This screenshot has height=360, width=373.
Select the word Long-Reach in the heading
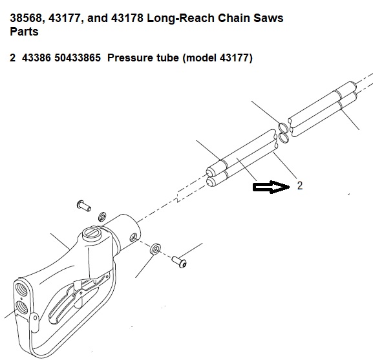point(180,18)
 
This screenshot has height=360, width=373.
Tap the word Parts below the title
point(24,32)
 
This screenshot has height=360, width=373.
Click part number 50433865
point(78,58)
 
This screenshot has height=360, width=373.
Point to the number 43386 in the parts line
point(36,58)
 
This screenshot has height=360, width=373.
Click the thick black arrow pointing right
point(272,187)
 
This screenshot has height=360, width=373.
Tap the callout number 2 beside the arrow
point(300,185)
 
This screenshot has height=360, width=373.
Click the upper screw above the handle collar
point(84,206)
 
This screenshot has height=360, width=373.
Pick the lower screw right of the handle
point(179,262)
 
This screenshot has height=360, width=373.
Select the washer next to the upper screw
point(103,216)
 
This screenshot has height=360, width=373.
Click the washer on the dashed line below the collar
point(155,248)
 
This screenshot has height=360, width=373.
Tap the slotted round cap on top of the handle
point(92,233)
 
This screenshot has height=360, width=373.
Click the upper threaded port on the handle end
point(21,289)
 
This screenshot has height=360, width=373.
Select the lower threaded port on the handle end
point(22,308)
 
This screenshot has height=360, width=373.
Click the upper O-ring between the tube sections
point(283,128)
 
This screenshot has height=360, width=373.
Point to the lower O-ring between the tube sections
point(283,138)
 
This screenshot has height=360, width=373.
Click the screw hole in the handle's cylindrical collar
point(133,238)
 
